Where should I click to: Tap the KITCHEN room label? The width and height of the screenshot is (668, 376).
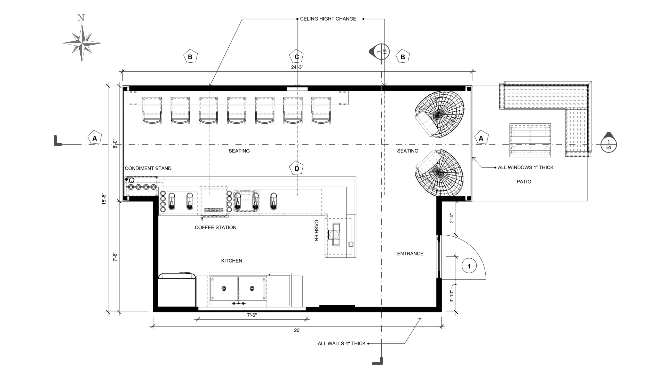coord(232,261)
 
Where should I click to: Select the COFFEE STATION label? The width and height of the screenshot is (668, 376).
coord(215,227)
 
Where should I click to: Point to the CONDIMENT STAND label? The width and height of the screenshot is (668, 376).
coord(148,168)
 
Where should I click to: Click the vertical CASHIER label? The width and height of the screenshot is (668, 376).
coord(316,230)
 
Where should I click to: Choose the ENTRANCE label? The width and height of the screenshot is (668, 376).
coord(410,253)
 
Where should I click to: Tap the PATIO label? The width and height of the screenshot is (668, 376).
coord(524,181)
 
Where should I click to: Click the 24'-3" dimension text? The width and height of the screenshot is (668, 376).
coord(297,67)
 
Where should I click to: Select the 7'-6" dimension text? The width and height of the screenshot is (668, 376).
coord(252,315)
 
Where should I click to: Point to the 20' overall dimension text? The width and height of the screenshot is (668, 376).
coord(297,330)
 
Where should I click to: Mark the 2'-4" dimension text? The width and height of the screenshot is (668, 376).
coord(452,218)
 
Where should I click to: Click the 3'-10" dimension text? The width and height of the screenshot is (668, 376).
coord(452,296)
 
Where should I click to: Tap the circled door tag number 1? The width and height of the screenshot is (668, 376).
coord(469,266)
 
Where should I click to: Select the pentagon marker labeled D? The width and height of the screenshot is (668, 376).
coord(297,169)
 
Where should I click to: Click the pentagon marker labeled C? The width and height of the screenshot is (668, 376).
coord(297,57)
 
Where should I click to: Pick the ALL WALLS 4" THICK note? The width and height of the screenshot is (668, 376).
coord(342,343)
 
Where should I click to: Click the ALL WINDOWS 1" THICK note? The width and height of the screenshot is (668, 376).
coord(525,167)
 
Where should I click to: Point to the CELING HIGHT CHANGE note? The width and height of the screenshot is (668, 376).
coord(328,19)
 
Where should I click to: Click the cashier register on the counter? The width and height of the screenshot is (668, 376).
coord(336,234)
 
